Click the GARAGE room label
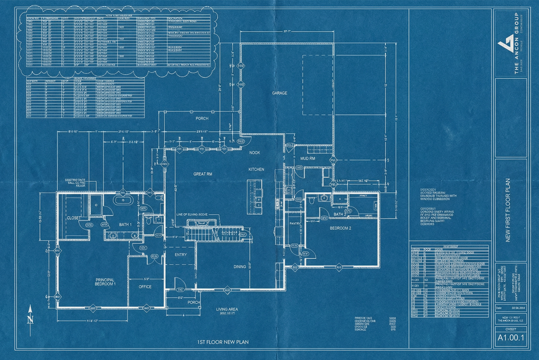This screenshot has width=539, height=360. click(279, 93)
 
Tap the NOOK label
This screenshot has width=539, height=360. click(254, 153)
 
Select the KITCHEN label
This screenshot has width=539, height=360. click(256, 170)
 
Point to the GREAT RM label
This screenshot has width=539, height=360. click(203, 174)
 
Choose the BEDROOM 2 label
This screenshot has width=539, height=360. click(340, 228)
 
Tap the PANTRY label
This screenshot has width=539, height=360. click(295, 224)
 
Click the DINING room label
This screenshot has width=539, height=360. click(239, 267)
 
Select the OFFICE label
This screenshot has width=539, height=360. click(145, 287)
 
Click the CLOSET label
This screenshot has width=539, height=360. click(73, 218)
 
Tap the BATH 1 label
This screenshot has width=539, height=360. click(125, 225)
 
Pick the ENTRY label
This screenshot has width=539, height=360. click(181, 255)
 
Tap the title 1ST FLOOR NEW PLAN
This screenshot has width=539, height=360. click(223, 342)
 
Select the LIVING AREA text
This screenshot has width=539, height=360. click(226, 309)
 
